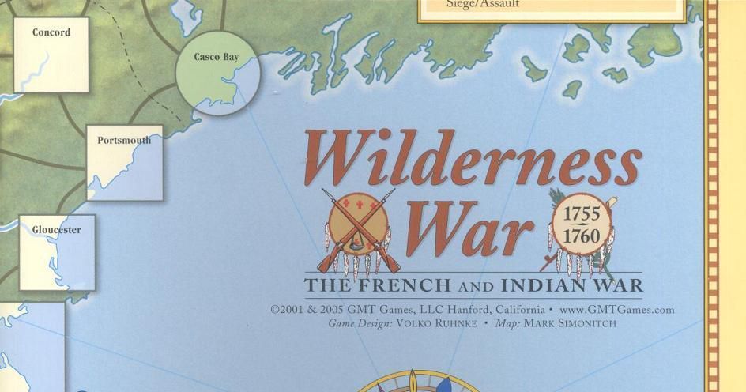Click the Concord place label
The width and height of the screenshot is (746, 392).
tap(51, 32)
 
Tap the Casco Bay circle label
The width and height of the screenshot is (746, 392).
tap(216, 57)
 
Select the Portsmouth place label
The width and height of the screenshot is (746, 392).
tap(124, 141)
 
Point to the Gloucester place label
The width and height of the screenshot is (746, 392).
tap(56, 230)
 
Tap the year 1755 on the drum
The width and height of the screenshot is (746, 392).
tap(582, 215)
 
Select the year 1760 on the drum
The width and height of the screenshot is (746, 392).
tap(582, 236)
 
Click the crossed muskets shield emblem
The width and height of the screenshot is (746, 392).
tap(358, 229)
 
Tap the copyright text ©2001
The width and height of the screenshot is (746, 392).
tap(287, 310)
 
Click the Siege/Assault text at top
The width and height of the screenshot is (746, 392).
tap(472, 4)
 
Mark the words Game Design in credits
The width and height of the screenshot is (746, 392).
tap(358, 323)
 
